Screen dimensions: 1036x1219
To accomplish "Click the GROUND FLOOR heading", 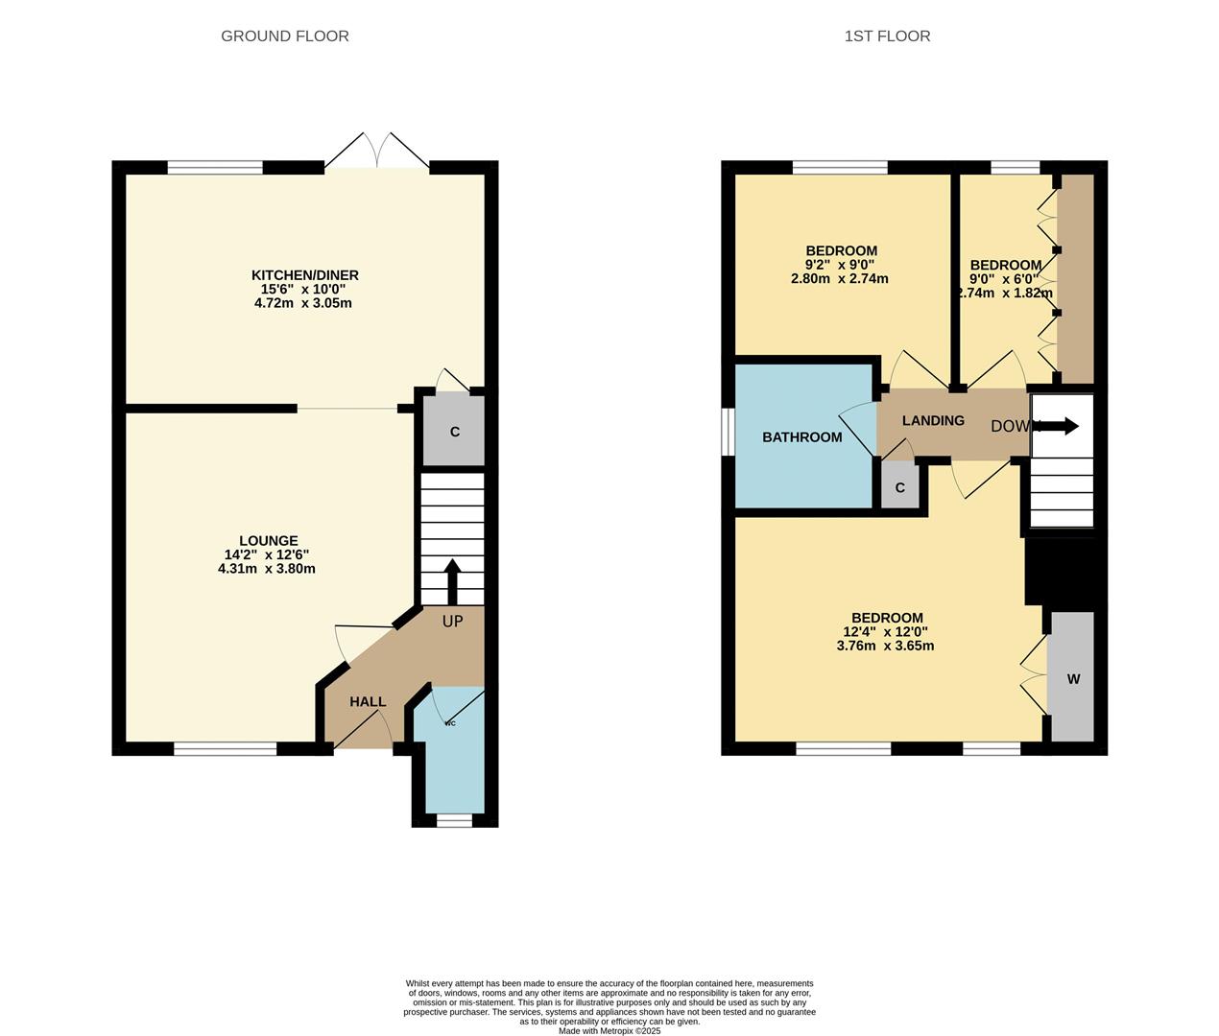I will [x=285, y=36].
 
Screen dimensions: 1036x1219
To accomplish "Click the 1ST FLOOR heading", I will [x=887, y=36].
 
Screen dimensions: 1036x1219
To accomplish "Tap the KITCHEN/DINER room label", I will [x=305, y=275].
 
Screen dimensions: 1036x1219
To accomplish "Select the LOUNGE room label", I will [x=269, y=541].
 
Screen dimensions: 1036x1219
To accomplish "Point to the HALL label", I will [x=368, y=702].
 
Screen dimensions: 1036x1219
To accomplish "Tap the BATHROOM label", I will [x=802, y=437].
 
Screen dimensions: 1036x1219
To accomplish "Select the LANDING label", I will [x=933, y=421].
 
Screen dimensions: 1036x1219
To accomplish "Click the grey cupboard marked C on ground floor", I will [x=455, y=432].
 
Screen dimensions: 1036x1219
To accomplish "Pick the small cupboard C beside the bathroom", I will [x=900, y=488].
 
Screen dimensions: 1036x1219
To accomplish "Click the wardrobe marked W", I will [x=1073, y=679].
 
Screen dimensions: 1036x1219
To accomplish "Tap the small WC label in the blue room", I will [x=450, y=722].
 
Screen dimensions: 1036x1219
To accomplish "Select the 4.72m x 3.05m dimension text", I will [x=302, y=303].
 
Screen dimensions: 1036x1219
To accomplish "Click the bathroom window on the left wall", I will [x=728, y=433].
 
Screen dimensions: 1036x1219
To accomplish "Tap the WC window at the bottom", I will [x=454, y=820].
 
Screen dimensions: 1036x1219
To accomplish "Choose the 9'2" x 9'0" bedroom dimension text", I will [x=840, y=265].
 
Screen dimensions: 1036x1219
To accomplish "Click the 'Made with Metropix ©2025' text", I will [x=609, y=1031].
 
